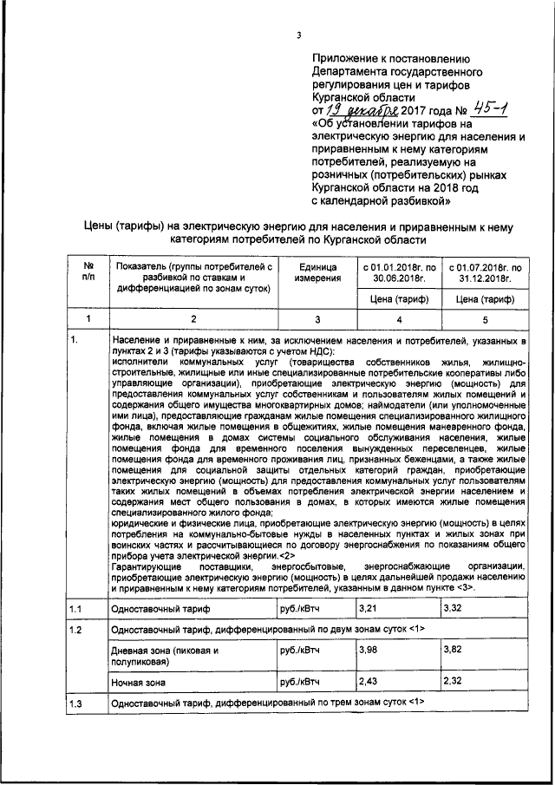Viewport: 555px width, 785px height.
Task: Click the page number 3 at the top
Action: pyautogui.click(x=297, y=35)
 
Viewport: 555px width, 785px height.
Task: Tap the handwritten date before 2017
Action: pyautogui.click(x=367, y=111)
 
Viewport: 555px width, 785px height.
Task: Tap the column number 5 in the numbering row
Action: pyautogui.click(x=485, y=319)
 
